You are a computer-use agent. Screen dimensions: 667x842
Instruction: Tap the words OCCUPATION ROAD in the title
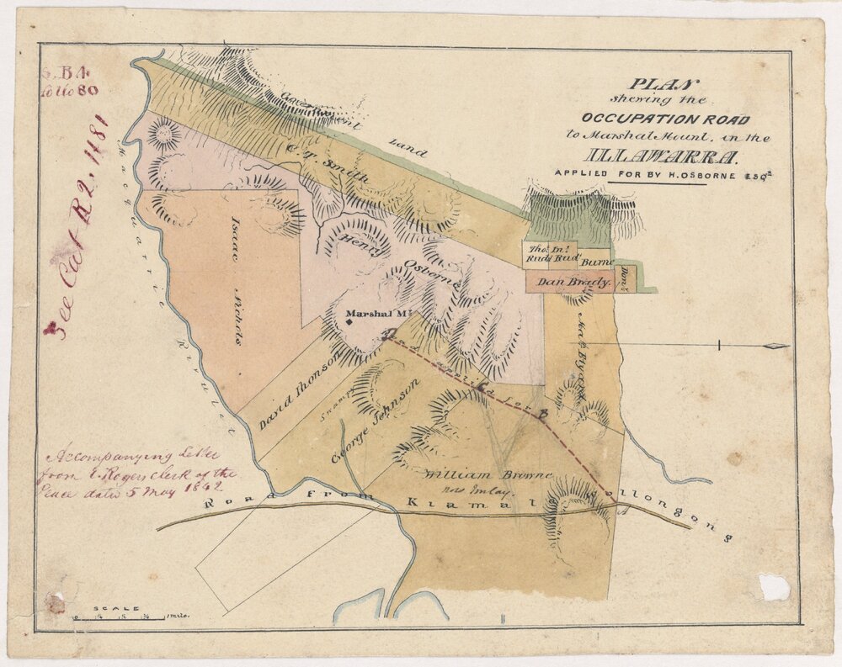(663, 119)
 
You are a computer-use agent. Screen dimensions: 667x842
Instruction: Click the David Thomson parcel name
(298, 390)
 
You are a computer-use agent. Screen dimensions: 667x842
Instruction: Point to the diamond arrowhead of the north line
(775, 346)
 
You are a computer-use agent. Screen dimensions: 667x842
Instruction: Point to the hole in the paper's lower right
(774, 586)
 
